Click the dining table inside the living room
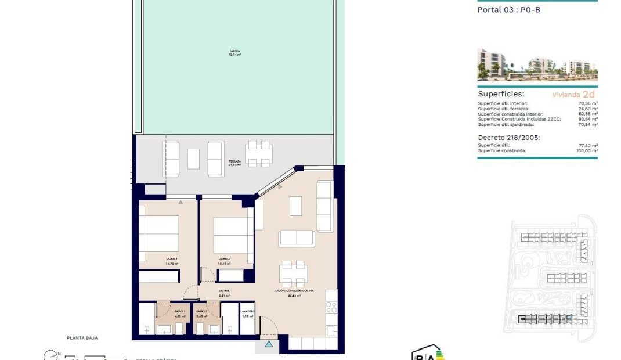coord(294,273)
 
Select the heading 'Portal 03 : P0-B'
coord(504,9)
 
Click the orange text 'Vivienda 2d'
coord(573,93)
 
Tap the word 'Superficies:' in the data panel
coord(501,93)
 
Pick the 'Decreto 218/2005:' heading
coord(509,138)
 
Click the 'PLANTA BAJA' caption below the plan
coord(82,338)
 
